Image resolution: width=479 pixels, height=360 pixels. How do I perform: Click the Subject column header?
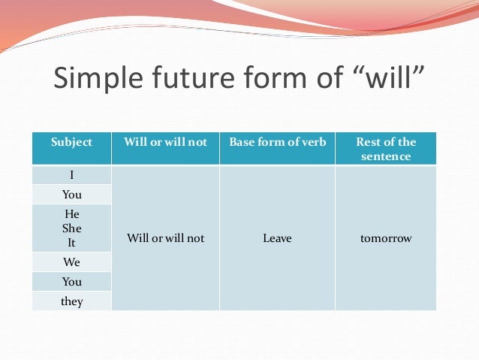click(71, 142)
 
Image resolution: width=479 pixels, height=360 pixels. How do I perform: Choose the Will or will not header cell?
click(165, 142)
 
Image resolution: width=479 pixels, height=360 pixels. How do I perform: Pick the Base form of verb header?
click(277, 142)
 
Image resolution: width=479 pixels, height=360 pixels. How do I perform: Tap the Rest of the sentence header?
click(386, 149)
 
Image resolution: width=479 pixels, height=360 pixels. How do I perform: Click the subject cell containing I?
click(71, 175)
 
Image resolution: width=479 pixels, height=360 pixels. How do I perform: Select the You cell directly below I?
click(71, 194)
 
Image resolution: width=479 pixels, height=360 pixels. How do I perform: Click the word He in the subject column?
click(72, 214)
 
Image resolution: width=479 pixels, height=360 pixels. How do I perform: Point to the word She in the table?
click(72, 228)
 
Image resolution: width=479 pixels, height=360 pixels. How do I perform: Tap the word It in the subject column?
click(72, 243)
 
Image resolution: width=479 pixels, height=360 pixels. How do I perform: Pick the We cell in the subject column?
click(71, 262)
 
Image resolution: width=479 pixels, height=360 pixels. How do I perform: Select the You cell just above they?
click(71, 282)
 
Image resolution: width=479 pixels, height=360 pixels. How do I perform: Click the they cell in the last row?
click(71, 301)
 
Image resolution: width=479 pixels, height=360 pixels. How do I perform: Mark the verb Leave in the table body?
click(277, 238)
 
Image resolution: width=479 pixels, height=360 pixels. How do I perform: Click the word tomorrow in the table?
click(386, 238)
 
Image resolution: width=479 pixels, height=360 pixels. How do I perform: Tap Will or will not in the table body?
click(165, 238)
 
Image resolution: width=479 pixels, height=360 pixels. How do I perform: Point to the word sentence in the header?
click(386, 156)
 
